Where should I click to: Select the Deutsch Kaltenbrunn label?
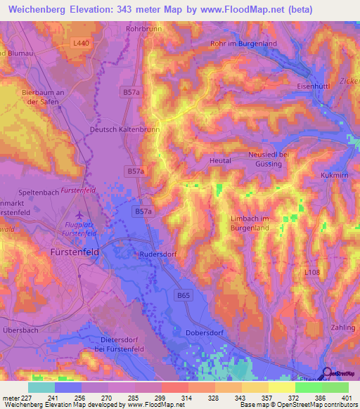point(125,130)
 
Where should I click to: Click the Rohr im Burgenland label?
point(243,44)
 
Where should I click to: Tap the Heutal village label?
point(221,161)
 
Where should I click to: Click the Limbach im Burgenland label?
point(250,223)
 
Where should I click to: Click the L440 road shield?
point(82,43)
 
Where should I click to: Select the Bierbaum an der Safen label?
point(44,96)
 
